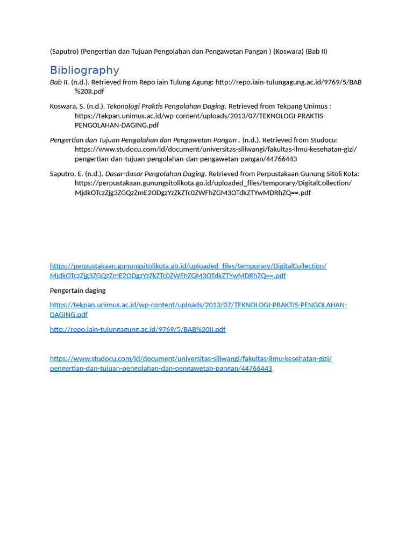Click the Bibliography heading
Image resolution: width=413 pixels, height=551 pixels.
pos(84,70)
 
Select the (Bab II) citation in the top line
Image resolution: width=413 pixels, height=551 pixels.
pos(317,52)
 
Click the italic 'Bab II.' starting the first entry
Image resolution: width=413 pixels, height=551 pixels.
pos(59,82)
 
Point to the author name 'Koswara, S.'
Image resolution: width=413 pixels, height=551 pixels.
pos(67,106)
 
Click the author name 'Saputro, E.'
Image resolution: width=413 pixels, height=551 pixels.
pos(67,174)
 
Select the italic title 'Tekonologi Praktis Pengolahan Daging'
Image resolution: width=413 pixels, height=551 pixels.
pos(166,106)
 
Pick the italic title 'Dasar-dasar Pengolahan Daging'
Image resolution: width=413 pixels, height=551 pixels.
pos(155,174)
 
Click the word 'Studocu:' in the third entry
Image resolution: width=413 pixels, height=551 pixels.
pos(324,140)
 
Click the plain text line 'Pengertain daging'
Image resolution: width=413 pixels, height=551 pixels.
pos(77,291)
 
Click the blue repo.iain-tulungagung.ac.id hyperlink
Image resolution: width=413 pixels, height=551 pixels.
pos(138,329)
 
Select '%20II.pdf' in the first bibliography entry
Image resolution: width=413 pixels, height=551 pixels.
pos(89,91)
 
